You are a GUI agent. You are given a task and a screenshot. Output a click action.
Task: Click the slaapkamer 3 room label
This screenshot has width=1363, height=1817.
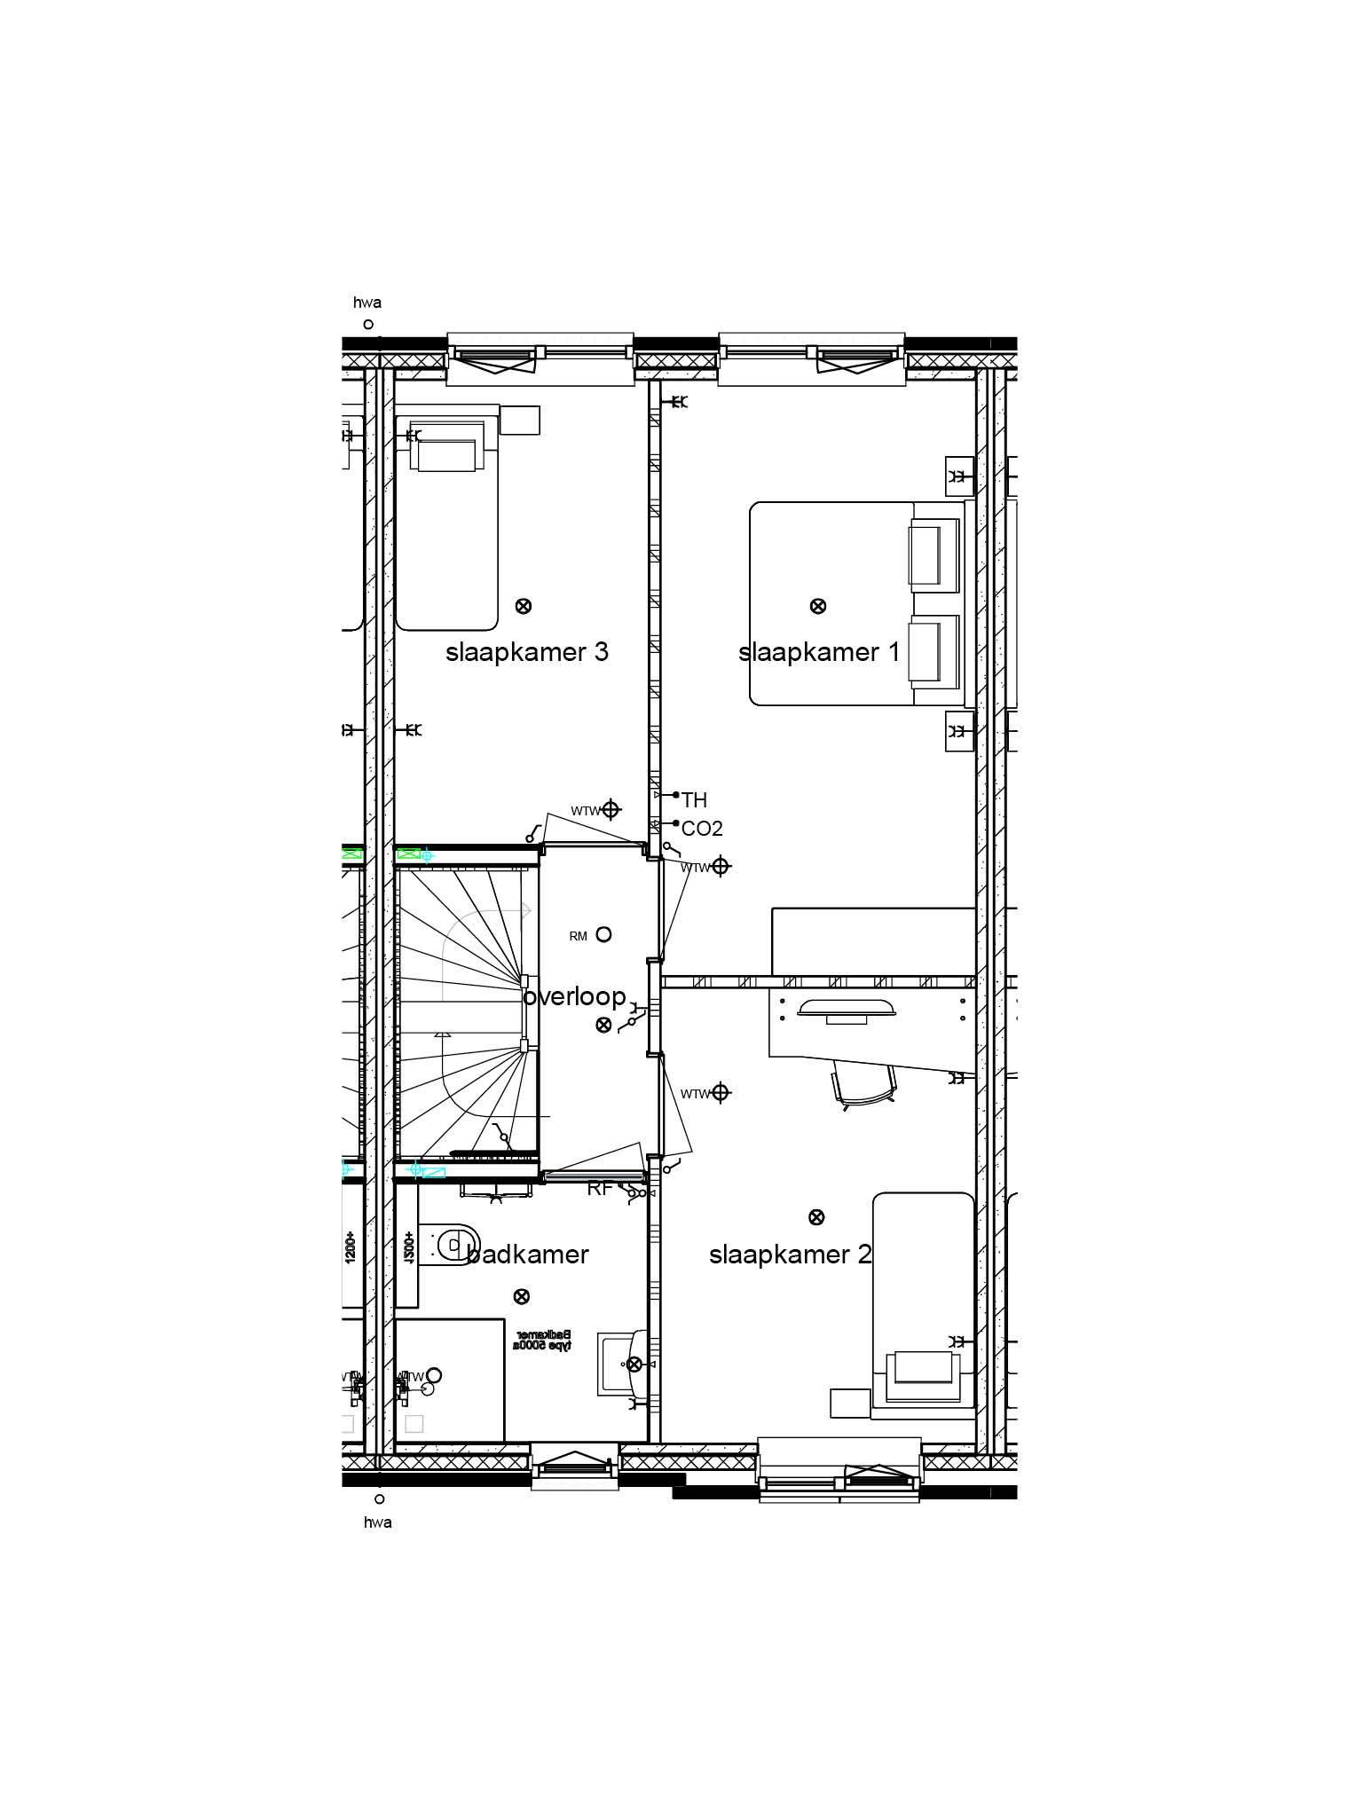coord(526,653)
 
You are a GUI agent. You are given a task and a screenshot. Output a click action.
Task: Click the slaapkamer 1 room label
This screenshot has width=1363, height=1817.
coord(818,653)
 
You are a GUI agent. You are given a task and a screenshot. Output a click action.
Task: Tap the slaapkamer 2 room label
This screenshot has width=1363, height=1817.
coord(790,1255)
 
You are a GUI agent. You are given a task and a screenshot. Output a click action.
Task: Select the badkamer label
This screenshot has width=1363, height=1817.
coord(528,1255)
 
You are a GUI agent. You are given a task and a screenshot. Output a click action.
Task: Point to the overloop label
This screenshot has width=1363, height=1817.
coord(575,997)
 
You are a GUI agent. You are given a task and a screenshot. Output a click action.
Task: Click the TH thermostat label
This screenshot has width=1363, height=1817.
coord(694,800)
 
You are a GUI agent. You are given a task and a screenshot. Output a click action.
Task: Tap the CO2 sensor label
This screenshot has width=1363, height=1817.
coord(701,829)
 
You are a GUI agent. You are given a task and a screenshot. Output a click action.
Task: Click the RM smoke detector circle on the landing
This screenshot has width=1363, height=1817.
coord(603,934)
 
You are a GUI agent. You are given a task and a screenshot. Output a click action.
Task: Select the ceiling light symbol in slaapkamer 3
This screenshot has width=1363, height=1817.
coord(524,606)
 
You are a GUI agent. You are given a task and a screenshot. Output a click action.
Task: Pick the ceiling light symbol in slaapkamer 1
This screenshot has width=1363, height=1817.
coord(818,606)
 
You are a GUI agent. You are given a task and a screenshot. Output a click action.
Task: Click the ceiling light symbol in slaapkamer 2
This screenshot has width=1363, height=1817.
coord(816,1217)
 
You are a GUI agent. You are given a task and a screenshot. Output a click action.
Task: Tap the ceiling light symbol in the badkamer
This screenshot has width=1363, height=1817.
coord(522,1296)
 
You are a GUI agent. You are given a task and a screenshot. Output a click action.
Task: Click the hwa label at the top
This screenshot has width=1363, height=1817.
coord(367,303)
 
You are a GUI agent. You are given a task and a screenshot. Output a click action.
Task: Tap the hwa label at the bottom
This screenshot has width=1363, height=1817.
coord(378,1522)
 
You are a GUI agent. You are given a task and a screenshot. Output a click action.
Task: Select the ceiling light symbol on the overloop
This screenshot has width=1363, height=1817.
coord(603,1025)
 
